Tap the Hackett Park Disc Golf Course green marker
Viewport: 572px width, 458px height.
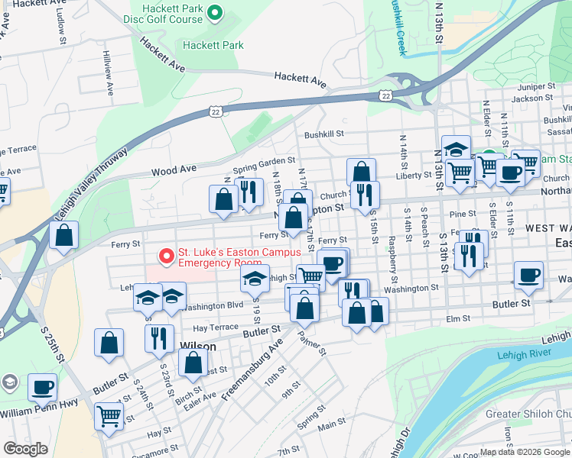point(215,11)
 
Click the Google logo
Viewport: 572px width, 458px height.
point(26,449)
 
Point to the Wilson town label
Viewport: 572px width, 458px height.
point(197,346)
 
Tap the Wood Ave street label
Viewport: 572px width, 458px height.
point(174,169)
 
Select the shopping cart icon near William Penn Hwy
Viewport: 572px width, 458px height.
point(109,416)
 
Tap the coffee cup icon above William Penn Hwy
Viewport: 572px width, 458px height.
point(42,387)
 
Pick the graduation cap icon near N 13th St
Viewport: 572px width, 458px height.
point(457,149)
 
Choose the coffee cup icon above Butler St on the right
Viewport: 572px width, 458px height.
point(528,275)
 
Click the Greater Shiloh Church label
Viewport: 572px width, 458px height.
point(528,414)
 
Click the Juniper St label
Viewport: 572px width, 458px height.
point(535,87)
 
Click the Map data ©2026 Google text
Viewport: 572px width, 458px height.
point(525,452)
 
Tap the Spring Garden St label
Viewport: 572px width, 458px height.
point(264,161)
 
